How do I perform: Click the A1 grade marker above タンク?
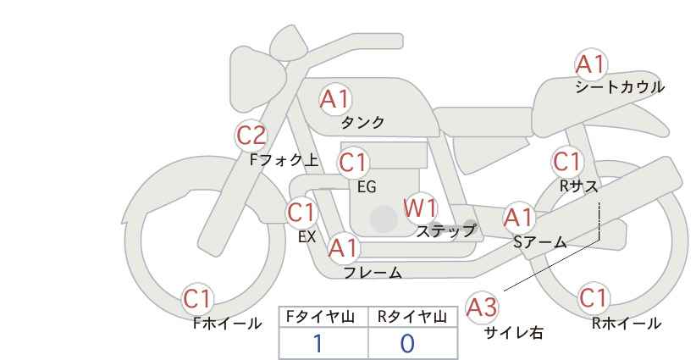[x=335, y=99]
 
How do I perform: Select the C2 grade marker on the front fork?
[x=251, y=136]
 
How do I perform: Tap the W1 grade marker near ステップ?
[x=420, y=208]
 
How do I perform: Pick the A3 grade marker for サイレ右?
[x=482, y=307]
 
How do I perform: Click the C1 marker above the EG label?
[x=353, y=163]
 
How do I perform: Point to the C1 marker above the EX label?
[x=301, y=213]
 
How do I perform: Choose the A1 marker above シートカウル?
[x=591, y=64]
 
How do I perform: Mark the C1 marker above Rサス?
[x=567, y=162]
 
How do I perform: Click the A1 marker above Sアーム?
[x=519, y=218]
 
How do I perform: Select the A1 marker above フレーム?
[x=344, y=247]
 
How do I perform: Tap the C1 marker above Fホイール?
[x=197, y=299]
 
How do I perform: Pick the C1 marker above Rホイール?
[x=594, y=298]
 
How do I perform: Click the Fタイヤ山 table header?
[x=320, y=317]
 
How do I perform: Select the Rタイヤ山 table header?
[x=412, y=317]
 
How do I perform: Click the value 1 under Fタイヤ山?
[x=318, y=343]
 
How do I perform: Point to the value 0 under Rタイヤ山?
[x=407, y=343]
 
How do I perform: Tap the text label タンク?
[x=362, y=122]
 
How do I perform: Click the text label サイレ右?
[x=514, y=333]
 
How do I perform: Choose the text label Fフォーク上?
[x=284, y=159]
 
